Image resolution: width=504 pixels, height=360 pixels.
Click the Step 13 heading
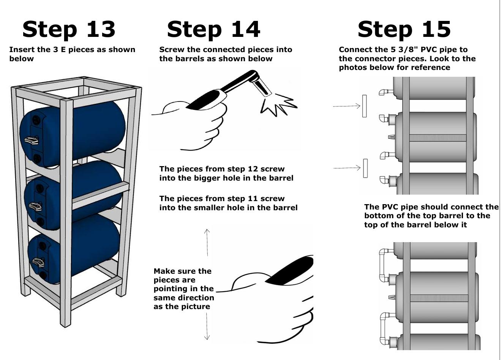[x=69, y=29]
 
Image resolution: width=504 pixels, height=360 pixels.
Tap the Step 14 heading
[x=213, y=29]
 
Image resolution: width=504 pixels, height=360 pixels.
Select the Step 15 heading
[x=404, y=29]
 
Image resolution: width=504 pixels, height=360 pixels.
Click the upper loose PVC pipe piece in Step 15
[x=364, y=106]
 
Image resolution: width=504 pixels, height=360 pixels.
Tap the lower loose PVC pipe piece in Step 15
[x=365, y=168]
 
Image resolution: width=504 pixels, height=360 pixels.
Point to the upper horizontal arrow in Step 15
[x=346, y=106]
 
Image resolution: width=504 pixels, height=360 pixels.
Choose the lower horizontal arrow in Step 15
[x=347, y=168]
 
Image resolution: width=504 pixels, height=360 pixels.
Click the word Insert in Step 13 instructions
[x=22, y=50]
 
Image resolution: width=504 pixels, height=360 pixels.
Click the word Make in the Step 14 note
[x=164, y=271]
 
